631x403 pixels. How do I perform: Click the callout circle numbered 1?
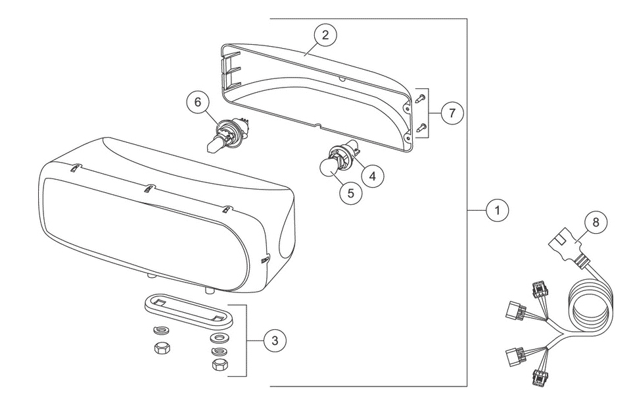[x=498, y=210]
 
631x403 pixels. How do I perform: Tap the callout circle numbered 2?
[x=325, y=35]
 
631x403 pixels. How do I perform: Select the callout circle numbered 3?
[x=275, y=341]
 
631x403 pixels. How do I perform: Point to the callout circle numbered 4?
[x=373, y=176]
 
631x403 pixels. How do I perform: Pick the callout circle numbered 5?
[x=351, y=194]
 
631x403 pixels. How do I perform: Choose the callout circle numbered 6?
[x=198, y=102]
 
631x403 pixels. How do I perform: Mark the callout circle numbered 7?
[x=452, y=113]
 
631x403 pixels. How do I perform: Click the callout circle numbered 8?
[x=596, y=223]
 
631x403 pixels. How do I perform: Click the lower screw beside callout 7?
[x=421, y=128]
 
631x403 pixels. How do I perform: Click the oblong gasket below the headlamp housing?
[x=189, y=309]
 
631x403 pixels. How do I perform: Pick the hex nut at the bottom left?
[x=162, y=348]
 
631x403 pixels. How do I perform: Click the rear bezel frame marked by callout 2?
[x=317, y=97]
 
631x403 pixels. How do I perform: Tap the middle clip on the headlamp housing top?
[x=149, y=188]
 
